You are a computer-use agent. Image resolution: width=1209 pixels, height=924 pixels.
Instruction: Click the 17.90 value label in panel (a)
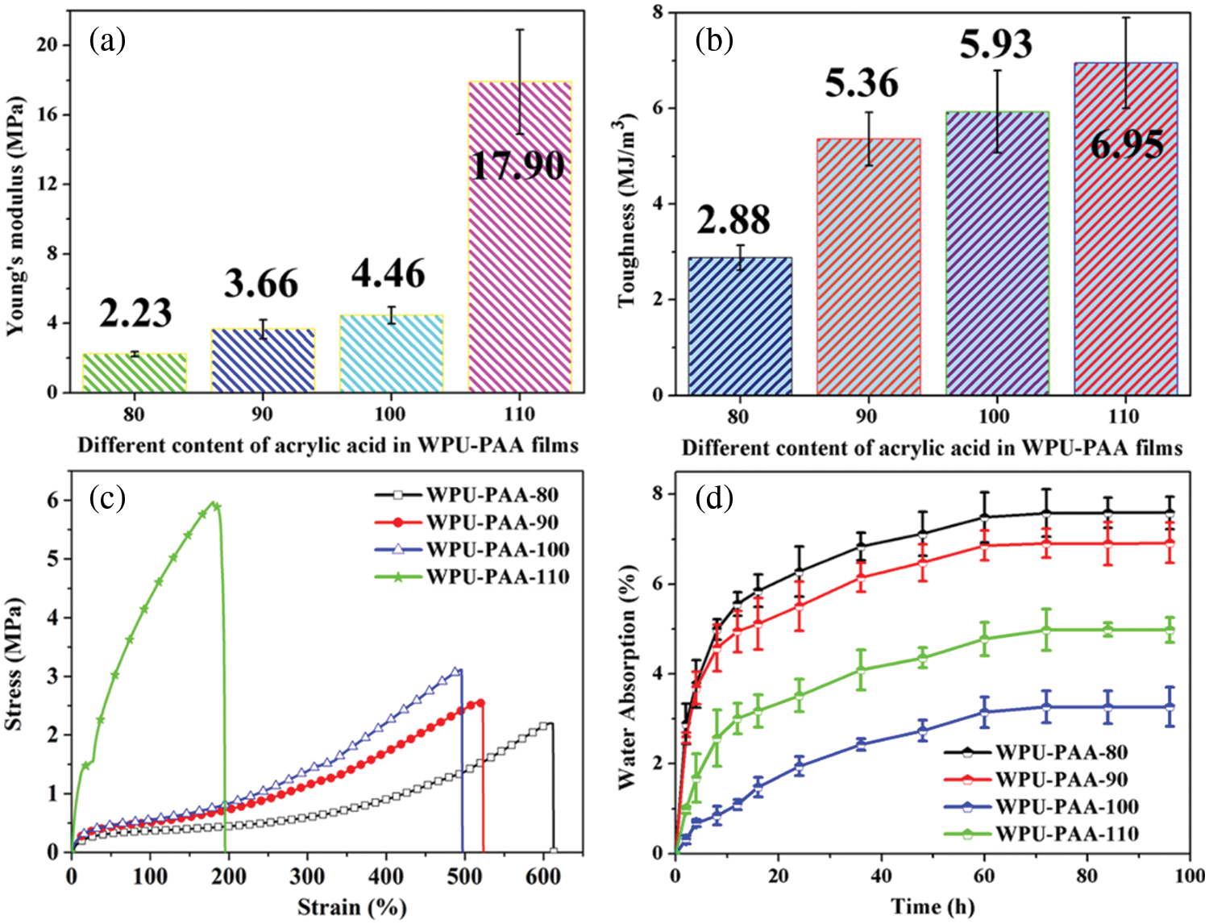click(517, 165)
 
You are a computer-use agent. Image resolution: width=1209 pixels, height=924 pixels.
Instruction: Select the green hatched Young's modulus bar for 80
click(135, 373)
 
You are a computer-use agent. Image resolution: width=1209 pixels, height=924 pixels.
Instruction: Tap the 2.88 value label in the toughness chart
click(733, 219)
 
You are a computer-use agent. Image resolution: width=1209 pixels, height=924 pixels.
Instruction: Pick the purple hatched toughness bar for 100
click(996, 253)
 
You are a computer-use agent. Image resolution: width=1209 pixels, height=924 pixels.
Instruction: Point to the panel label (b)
click(714, 40)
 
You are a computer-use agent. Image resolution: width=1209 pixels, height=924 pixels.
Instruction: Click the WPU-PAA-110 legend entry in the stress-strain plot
click(497, 576)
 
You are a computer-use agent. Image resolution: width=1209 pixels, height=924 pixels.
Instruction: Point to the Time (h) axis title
click(933, 907)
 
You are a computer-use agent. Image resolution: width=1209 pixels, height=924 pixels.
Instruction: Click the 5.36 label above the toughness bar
click(862, 83)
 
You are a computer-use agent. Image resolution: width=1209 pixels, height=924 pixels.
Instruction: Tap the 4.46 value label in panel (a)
click(388, 274)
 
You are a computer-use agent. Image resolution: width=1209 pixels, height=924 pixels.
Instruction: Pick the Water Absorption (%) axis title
click(627, 676)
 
